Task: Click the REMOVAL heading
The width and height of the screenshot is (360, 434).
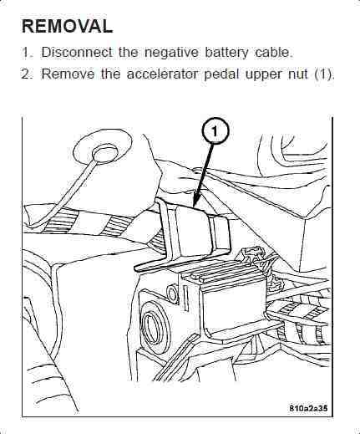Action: point(67,27)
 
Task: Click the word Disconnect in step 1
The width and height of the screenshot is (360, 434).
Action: point(77,52)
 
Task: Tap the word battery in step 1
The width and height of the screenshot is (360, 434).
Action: point(226,53)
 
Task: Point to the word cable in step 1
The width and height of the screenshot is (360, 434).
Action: point(273,52)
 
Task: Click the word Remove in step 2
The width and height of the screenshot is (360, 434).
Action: point(68,74)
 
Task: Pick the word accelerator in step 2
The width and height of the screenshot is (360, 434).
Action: point(162,74)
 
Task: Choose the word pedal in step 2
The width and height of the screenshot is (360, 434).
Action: point(221,74)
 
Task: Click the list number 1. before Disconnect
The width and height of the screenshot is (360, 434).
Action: point(28,52)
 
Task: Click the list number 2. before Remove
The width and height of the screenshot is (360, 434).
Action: point(28,74)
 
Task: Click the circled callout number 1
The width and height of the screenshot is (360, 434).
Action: point(215,131)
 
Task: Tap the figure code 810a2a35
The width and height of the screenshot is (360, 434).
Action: point(308,408)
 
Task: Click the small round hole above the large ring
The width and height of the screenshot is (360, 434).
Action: point(172,294)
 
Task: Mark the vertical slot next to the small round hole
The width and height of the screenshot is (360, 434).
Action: point(185,299)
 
